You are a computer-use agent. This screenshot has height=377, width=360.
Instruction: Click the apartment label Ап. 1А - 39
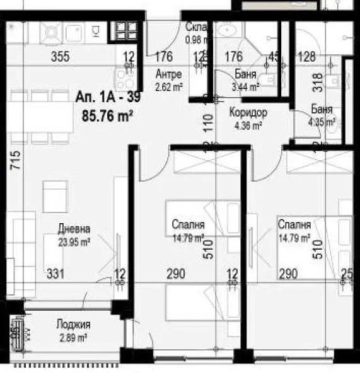tap(105, 98)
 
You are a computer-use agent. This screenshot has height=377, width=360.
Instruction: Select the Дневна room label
tap(75, 229)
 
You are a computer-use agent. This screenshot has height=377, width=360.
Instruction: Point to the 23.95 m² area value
tap(74, 240)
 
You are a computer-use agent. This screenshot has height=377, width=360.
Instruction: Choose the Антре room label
tap(168, 73)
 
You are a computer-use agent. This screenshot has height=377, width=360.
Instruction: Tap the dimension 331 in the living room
tap(56, 274)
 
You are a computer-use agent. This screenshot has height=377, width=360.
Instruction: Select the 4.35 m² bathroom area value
tap(322, 122)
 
